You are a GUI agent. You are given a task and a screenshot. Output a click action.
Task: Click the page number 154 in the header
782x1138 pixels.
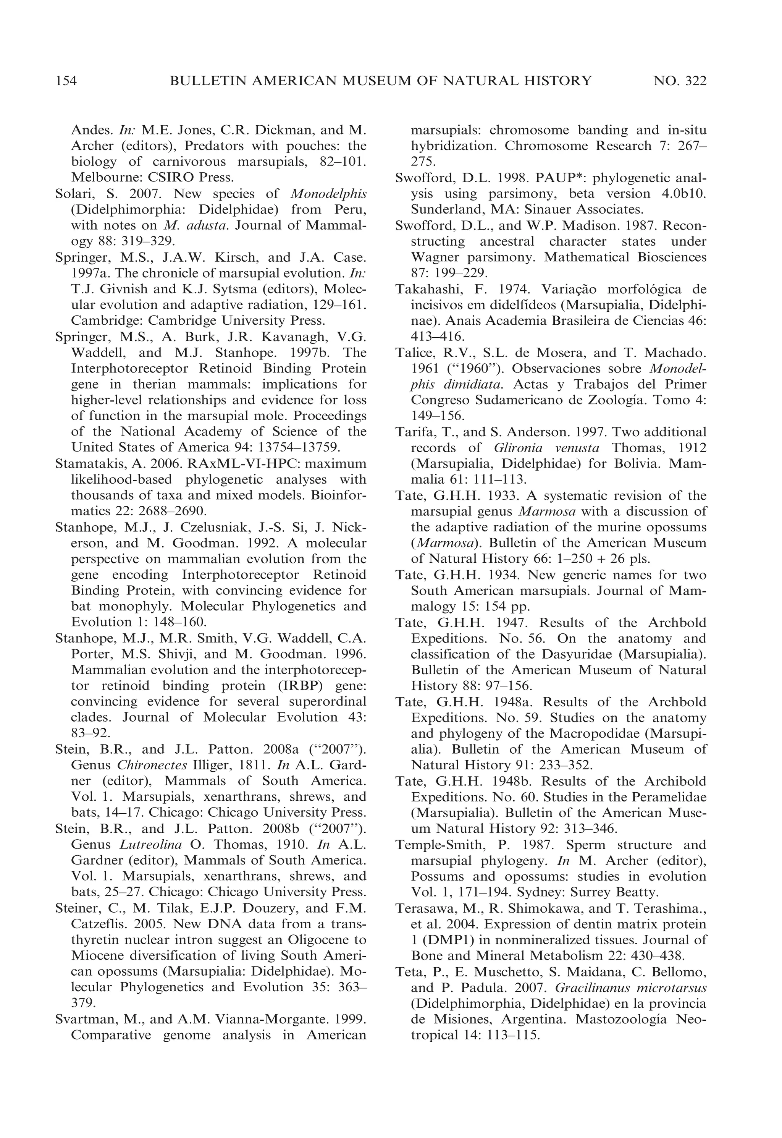pyautogui.click(x=66, y=81)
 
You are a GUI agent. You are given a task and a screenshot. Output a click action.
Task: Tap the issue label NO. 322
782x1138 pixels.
pyautogui.click(x=680, y=81)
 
